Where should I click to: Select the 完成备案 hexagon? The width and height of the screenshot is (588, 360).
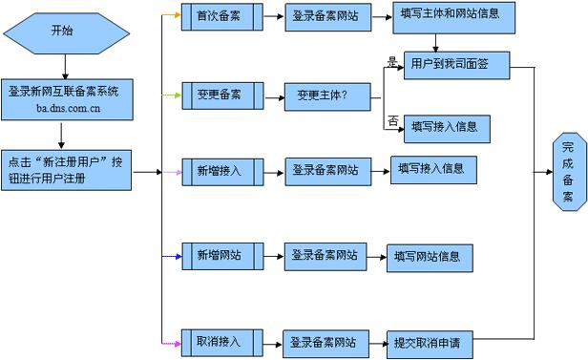tap(568, 172)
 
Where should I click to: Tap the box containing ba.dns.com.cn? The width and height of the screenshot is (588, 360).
tap(63, 100)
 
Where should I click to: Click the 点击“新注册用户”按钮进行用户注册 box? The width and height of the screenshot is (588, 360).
tap(65, 171)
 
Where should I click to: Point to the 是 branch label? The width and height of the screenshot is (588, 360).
tap(390, 61)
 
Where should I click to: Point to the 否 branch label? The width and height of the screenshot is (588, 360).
tap(391, 120)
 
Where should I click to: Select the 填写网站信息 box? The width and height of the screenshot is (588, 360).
tap(428, 255)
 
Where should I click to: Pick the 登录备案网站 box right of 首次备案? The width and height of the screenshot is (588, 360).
tap(325, 17)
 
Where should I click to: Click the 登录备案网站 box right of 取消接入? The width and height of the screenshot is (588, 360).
tap(324, 341)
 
